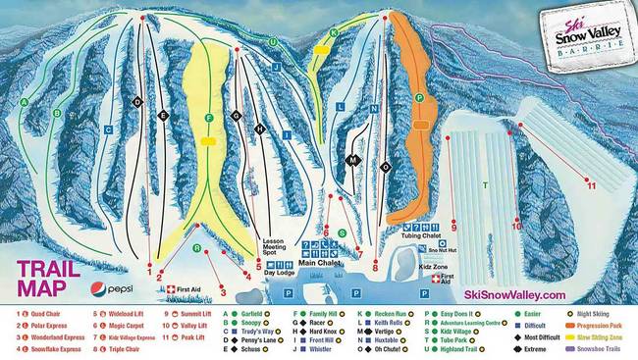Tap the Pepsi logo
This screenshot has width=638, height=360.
click(113, 288)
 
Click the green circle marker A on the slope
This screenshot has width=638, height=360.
click(24, 102)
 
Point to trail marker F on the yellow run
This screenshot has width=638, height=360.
click(209, 119)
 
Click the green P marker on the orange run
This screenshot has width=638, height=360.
click(419, 98)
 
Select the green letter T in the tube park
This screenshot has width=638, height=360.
click(484, 184)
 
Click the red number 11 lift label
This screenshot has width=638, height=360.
click(590, 183)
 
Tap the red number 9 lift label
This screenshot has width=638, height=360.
click(454, 228)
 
